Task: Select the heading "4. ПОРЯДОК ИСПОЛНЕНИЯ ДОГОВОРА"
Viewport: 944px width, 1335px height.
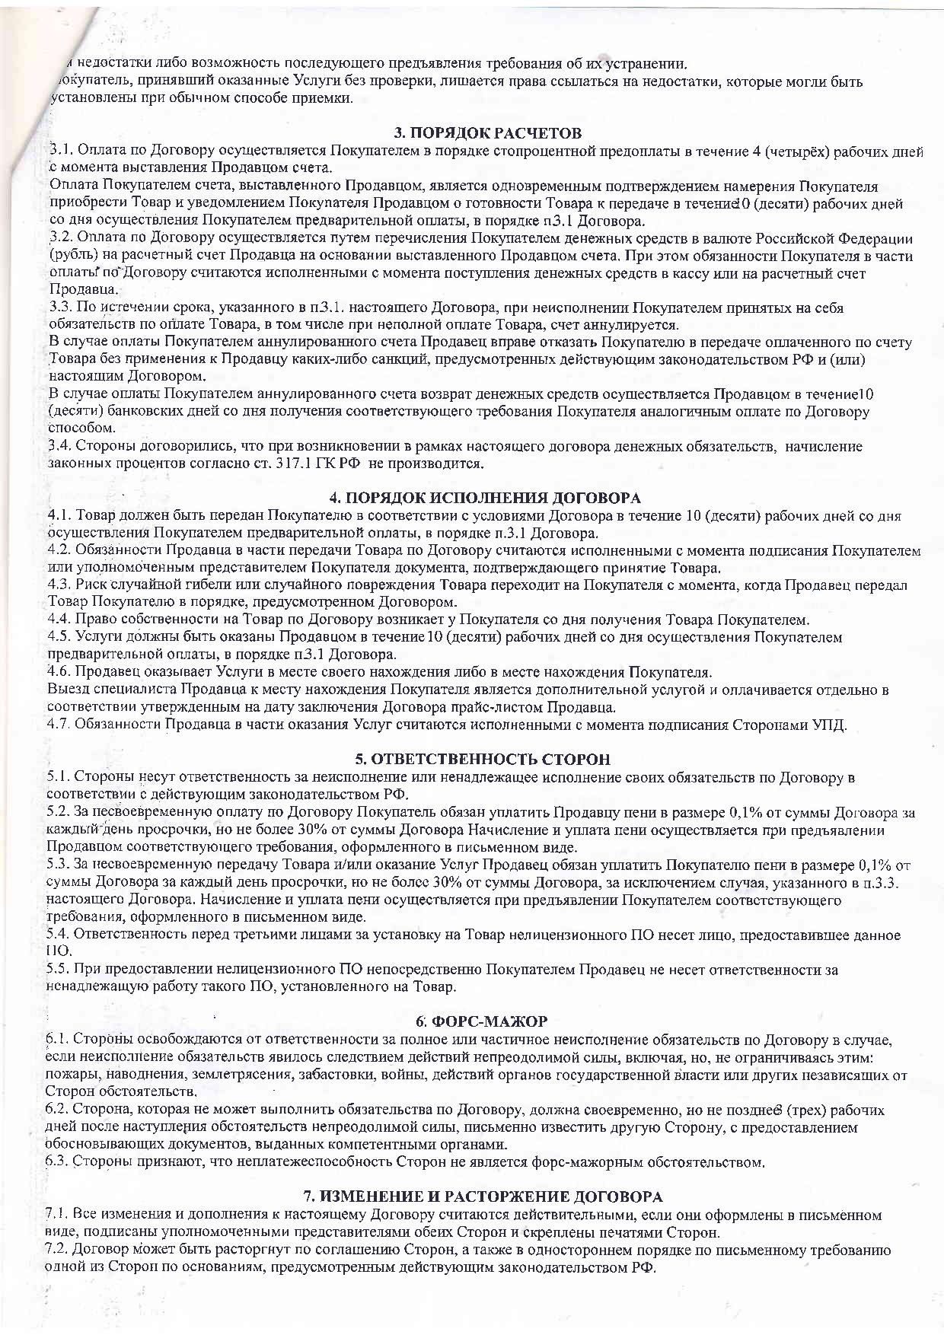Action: (x=485, y=498)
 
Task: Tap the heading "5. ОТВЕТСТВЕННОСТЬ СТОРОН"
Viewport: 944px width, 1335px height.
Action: (x=483, y=760)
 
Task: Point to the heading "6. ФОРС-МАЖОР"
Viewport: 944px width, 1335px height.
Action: (x=481, y=1021)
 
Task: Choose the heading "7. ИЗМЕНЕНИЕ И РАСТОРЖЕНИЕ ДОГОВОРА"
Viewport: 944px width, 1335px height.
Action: (x=483, y=1196)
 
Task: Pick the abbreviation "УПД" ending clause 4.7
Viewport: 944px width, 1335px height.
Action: (x=831, y=725)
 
